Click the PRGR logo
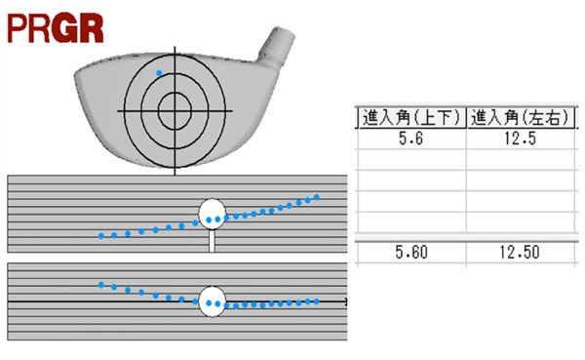tap(56, 28)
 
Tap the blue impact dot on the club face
tap(159, 73)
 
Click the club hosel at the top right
tap(277, 46)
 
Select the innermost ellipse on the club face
tap(175, 111)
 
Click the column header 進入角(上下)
tap(411, 118)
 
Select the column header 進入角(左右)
tap(520, 118)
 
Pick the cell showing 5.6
tap(411, 139)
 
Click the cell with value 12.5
tap(520, 139)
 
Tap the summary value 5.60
tap(411, 253)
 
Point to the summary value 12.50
tap(520, 253)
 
